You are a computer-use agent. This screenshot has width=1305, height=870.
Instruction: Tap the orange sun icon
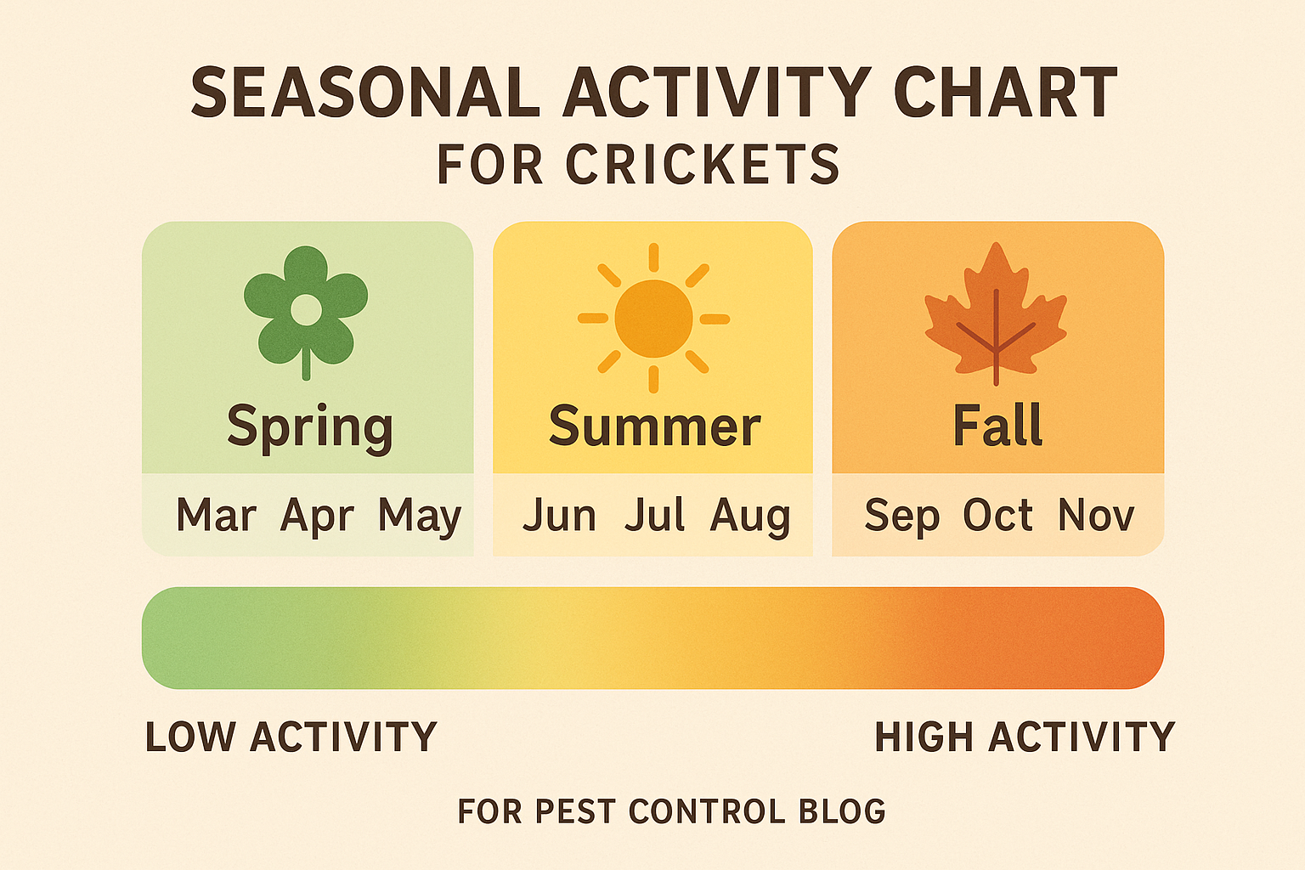point(653,319)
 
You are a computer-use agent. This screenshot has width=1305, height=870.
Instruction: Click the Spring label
point(309,427)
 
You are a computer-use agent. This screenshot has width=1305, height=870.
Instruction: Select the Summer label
point(654,426)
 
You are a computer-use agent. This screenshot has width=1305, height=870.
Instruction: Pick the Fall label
point(997,425)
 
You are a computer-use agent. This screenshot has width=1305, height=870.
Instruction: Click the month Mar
point(216,516)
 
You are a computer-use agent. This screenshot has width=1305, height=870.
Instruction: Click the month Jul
point(654,516)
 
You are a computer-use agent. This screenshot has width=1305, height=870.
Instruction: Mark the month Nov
point(1096,516)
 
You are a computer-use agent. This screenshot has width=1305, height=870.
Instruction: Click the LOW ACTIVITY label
point(291,737)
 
